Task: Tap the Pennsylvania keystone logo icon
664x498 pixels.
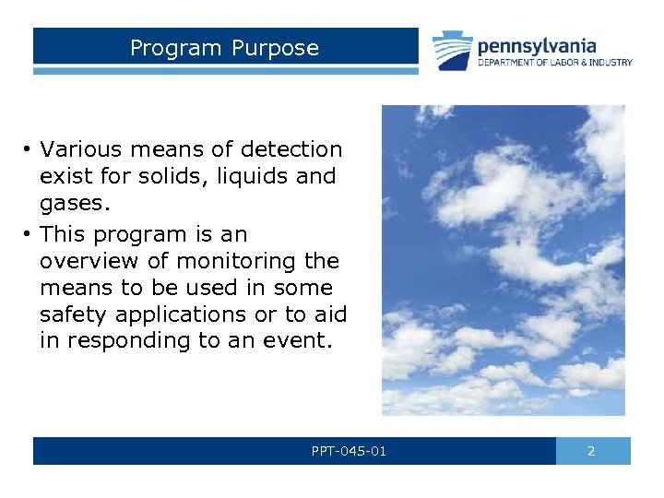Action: coord(453,52)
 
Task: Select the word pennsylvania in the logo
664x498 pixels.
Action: coord(536,45)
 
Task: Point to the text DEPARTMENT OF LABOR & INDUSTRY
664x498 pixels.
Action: coord(554,63)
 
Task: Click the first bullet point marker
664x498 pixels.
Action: coord(30,149)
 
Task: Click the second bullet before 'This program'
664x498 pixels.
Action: coord(30,234)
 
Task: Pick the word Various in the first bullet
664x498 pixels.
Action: coord(77,149)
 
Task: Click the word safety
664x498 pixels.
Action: coord(71,315)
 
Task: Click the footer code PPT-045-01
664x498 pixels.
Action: coord(350,451)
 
